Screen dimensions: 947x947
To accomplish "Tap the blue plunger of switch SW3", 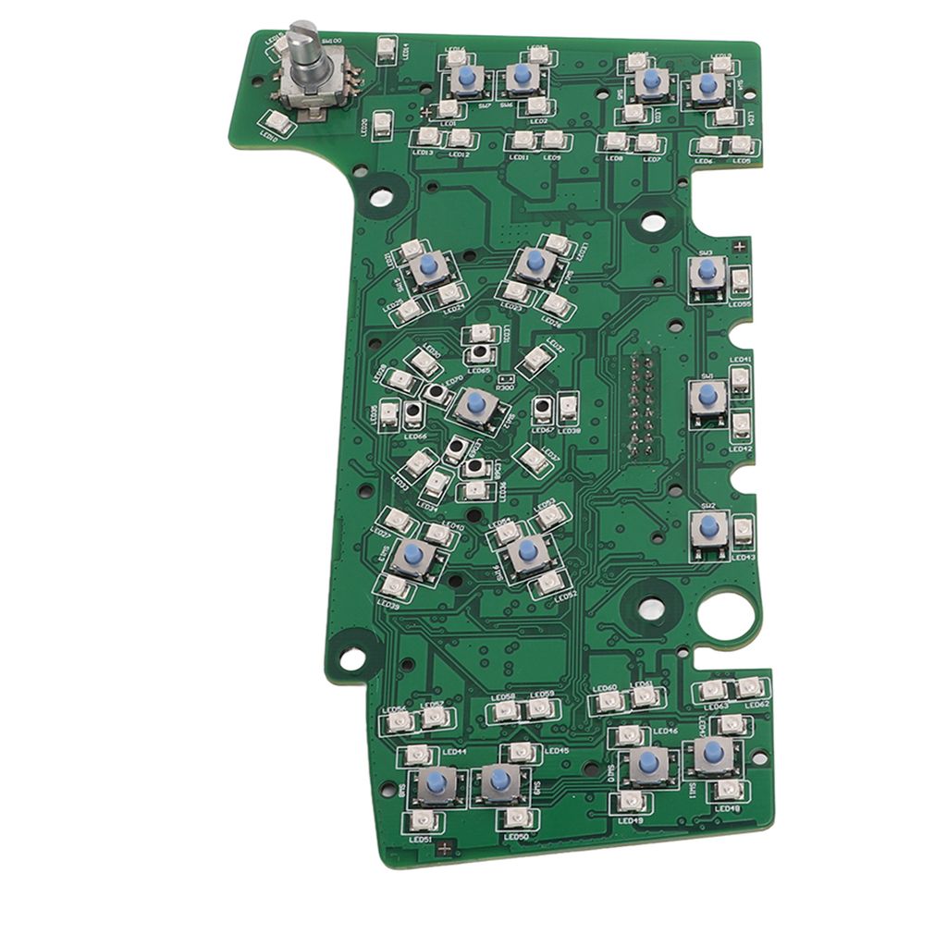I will (x=707, y=270).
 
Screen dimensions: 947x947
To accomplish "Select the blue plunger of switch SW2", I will (x=709, y=526).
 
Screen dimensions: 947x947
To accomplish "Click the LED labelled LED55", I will (x=740, y=282).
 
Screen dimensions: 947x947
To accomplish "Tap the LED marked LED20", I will (x=384, y=123).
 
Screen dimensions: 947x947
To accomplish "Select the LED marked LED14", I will (x=387, y=46).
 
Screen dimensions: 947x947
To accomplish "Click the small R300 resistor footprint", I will (x=505, y=379).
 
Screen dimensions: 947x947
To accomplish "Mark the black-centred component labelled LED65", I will (x=479, y=353).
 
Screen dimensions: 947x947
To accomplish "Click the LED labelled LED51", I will (x=422, y=820).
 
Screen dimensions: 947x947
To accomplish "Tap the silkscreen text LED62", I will (x=756, y=704).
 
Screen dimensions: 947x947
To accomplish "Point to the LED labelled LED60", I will (x=609, y=702).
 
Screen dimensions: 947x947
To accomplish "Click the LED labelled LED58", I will (x=505, y=710).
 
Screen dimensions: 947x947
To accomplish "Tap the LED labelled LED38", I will (x=568, y=406).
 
